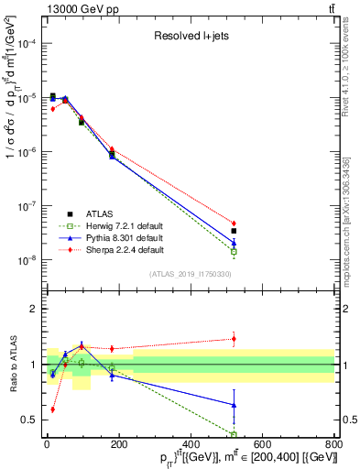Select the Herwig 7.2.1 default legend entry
125,224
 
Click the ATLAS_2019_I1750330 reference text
191,274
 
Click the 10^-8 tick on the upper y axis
29,260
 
